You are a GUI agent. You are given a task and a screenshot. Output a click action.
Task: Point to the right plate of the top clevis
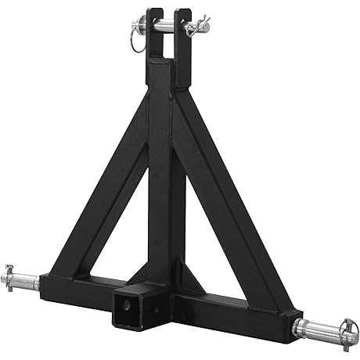[x=185, y=43]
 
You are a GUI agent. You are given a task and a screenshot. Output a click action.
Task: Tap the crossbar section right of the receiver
[x=235, y=313]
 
